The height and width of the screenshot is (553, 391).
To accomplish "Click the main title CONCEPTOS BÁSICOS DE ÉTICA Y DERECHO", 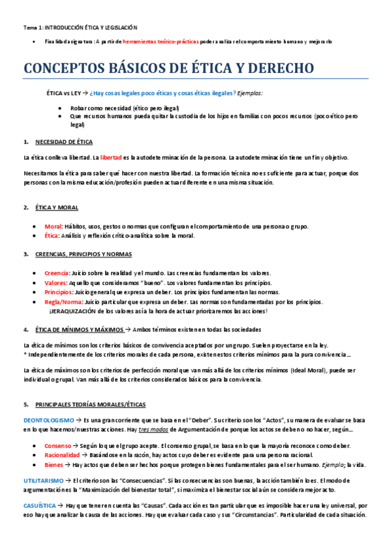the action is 168,68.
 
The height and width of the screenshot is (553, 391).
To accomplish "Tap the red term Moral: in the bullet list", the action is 53,226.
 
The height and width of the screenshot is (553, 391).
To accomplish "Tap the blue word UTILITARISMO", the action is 44,480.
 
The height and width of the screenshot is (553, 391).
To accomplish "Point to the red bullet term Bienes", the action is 54,464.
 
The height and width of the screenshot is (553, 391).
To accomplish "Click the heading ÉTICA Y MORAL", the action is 57,207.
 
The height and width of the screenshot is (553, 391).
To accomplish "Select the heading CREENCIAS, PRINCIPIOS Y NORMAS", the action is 84,254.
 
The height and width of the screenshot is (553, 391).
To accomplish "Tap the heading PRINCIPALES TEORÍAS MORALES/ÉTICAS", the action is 91,404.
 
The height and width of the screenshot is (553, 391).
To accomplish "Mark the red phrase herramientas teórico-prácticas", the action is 162,41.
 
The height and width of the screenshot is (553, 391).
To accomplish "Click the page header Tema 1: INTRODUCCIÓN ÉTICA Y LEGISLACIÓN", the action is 80,27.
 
